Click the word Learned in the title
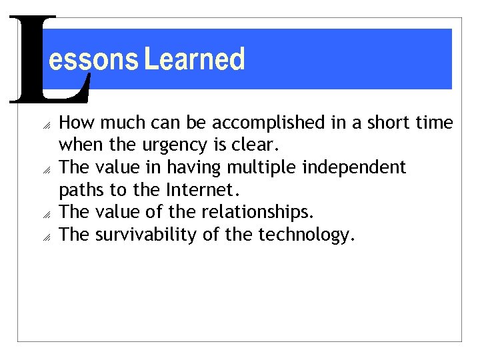click(195, 59)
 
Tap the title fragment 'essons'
click(93, 60)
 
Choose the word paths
click(80, 190)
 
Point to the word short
click(400, 123)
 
